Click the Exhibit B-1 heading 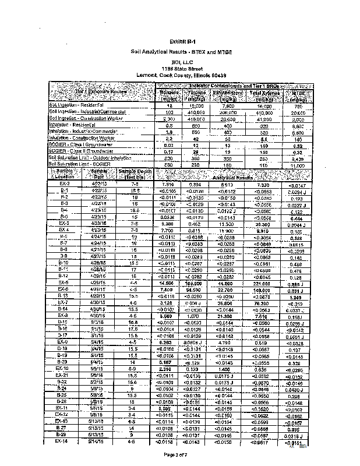(182, 42)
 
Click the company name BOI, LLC (182, 61)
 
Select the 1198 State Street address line (182, 68)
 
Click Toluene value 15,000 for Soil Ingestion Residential (195, 105)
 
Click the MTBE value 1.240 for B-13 (298, 297)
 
